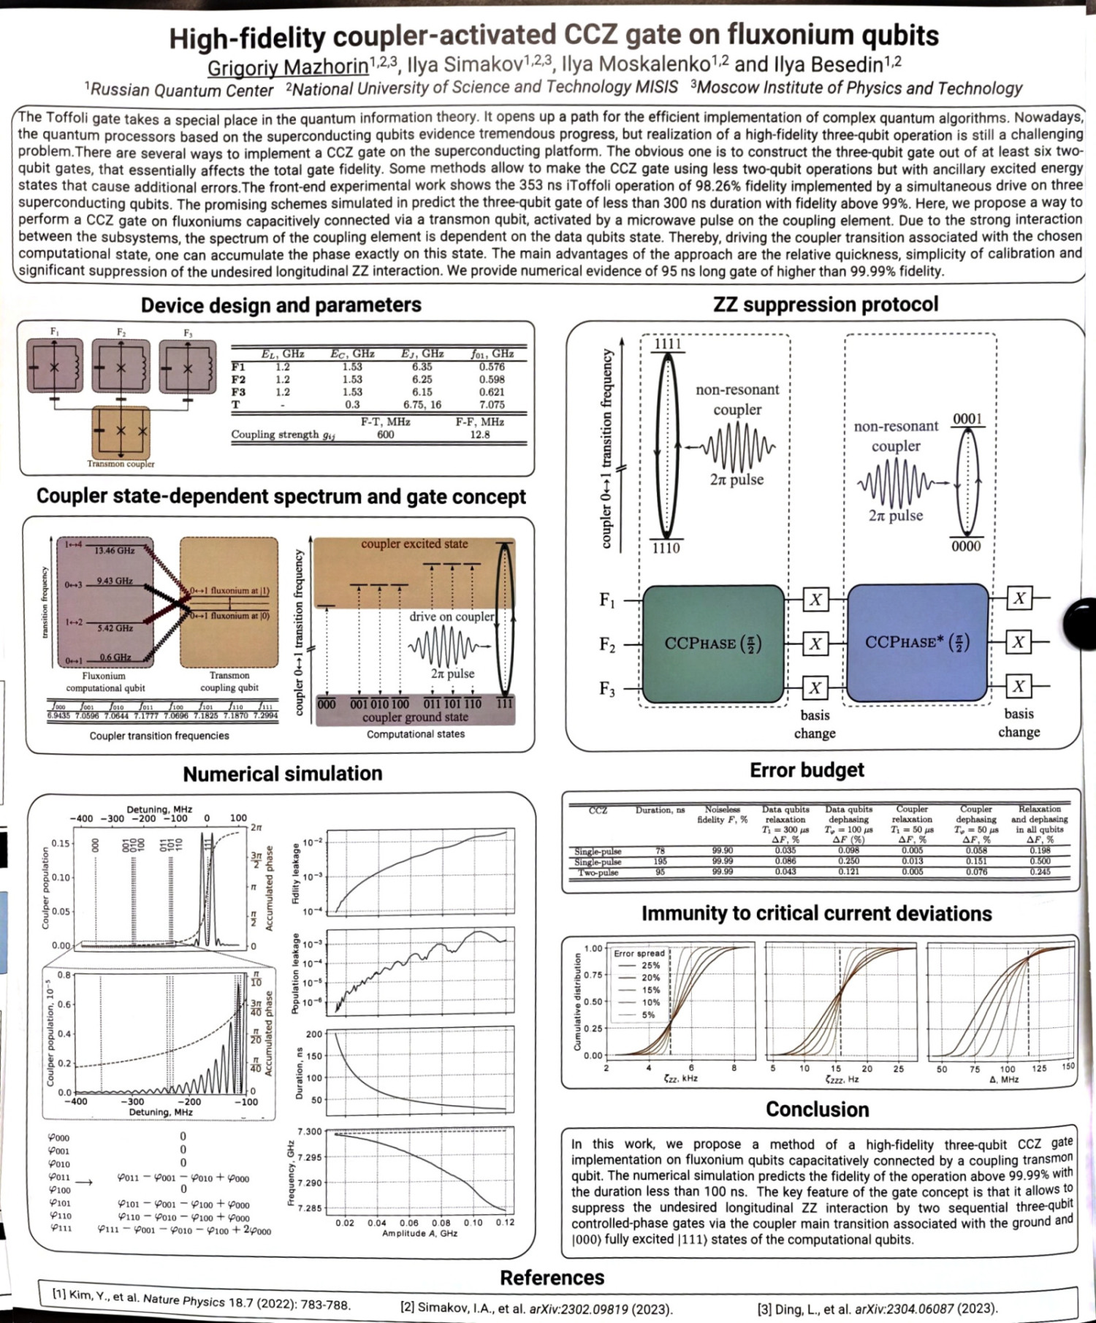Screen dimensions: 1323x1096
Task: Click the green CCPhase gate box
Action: (712, 643)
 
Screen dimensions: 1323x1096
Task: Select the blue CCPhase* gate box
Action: (918, 643)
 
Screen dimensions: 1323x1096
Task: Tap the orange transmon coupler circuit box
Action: (121, 432)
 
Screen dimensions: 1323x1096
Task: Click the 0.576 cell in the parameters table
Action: (492, 367)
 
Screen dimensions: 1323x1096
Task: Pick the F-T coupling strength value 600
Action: (385, 435)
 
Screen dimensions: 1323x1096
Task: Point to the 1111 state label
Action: (667, 344)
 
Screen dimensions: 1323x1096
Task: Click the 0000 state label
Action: (966, 546)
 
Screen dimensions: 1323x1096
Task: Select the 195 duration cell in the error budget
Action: (660, 861)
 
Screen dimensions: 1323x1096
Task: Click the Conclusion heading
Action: (817, 1110)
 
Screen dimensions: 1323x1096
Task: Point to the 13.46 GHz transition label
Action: (114, 550)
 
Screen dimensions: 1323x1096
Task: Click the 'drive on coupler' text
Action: (452, 617)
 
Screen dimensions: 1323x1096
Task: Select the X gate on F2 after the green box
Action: (815, 644)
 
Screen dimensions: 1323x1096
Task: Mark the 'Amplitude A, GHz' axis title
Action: (419, 1233)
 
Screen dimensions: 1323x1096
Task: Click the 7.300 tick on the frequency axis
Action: (309, 1132)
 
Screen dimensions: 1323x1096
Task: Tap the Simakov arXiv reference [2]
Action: (536, 1308)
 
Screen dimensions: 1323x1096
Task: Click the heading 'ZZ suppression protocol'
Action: (826, 304)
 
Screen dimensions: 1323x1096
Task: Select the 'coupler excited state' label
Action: (414, 544)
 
